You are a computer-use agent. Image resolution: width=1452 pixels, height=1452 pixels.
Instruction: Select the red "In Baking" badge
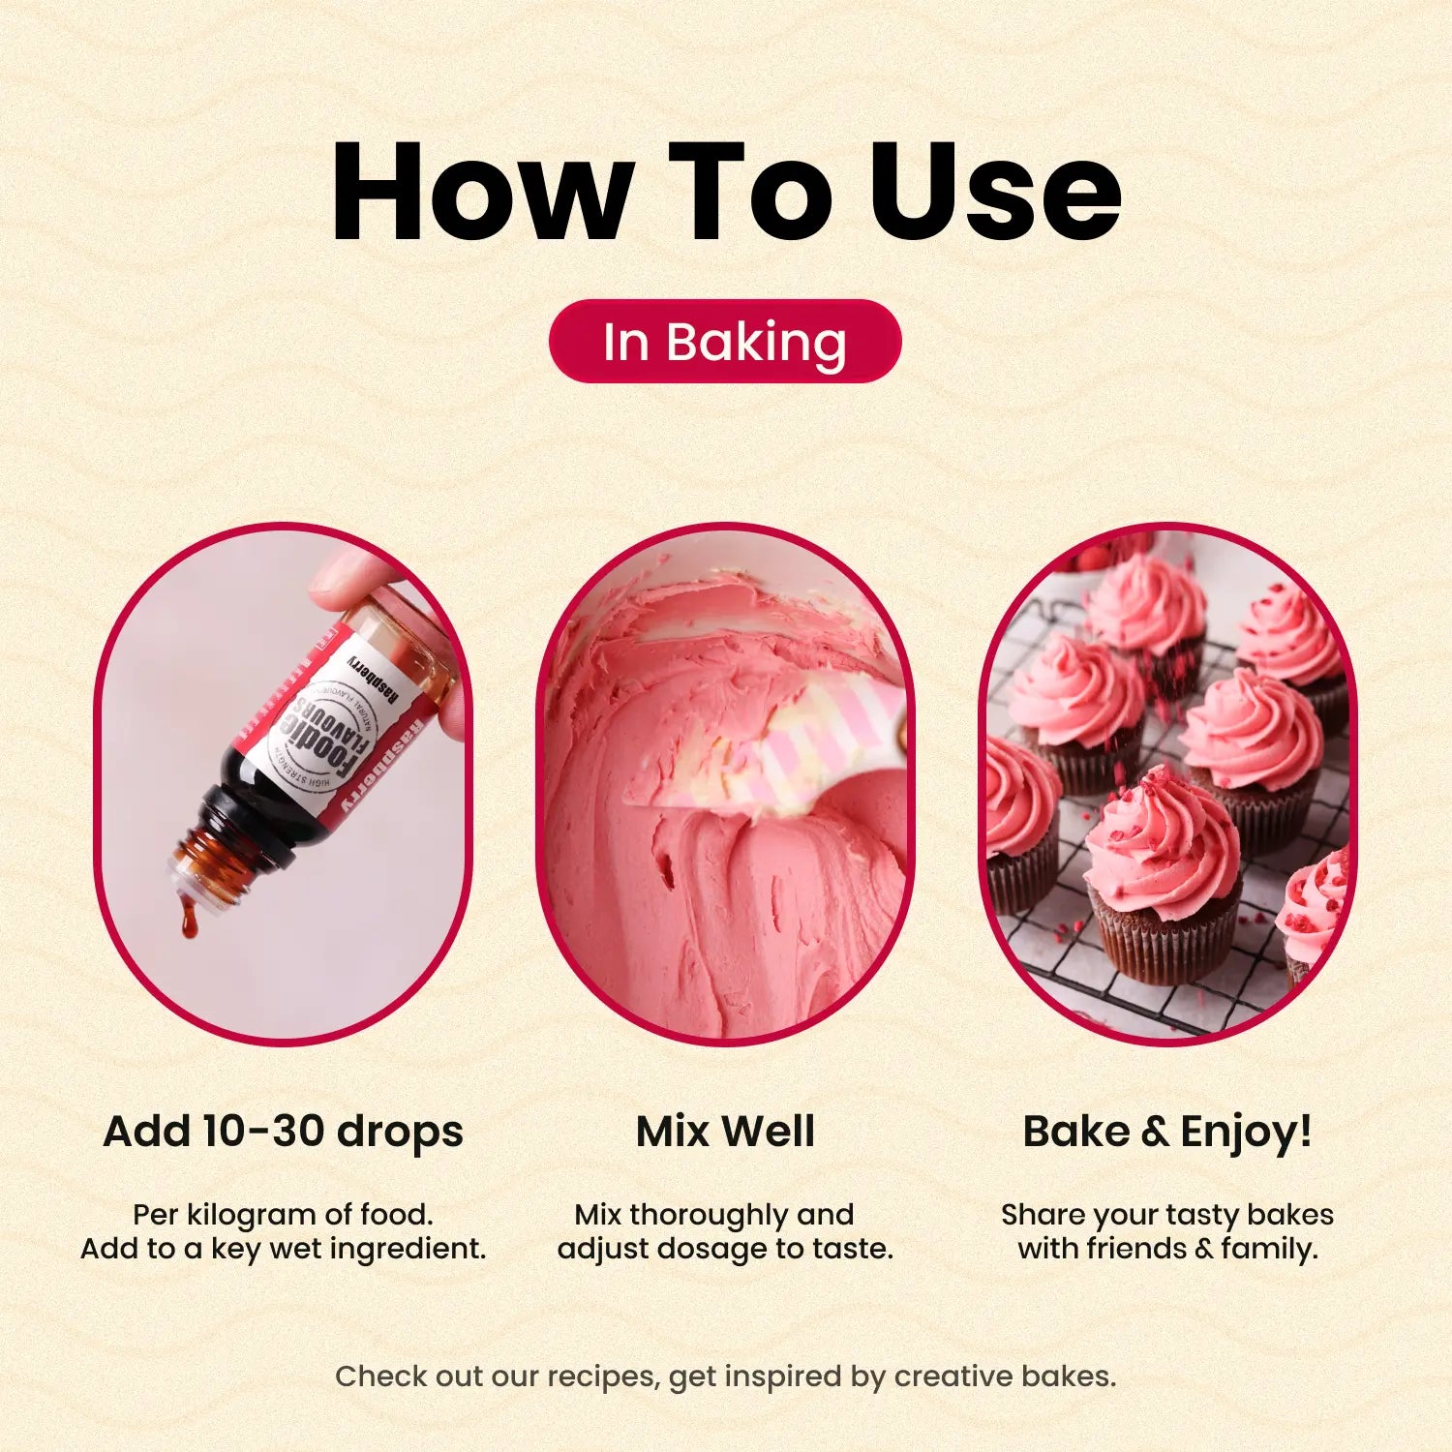coord(725,342)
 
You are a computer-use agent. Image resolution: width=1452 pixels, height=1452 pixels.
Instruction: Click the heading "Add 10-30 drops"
coord(283,1131)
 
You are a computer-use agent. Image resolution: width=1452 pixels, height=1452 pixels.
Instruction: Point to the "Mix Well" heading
coord(725,1131)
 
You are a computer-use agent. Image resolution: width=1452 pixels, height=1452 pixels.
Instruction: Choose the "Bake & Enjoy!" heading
coord(1167,1131)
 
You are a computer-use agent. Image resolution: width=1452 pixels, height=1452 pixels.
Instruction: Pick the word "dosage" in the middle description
coord(711,1249)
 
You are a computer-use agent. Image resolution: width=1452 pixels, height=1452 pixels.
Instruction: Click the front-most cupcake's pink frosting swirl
coord(1162,842)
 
